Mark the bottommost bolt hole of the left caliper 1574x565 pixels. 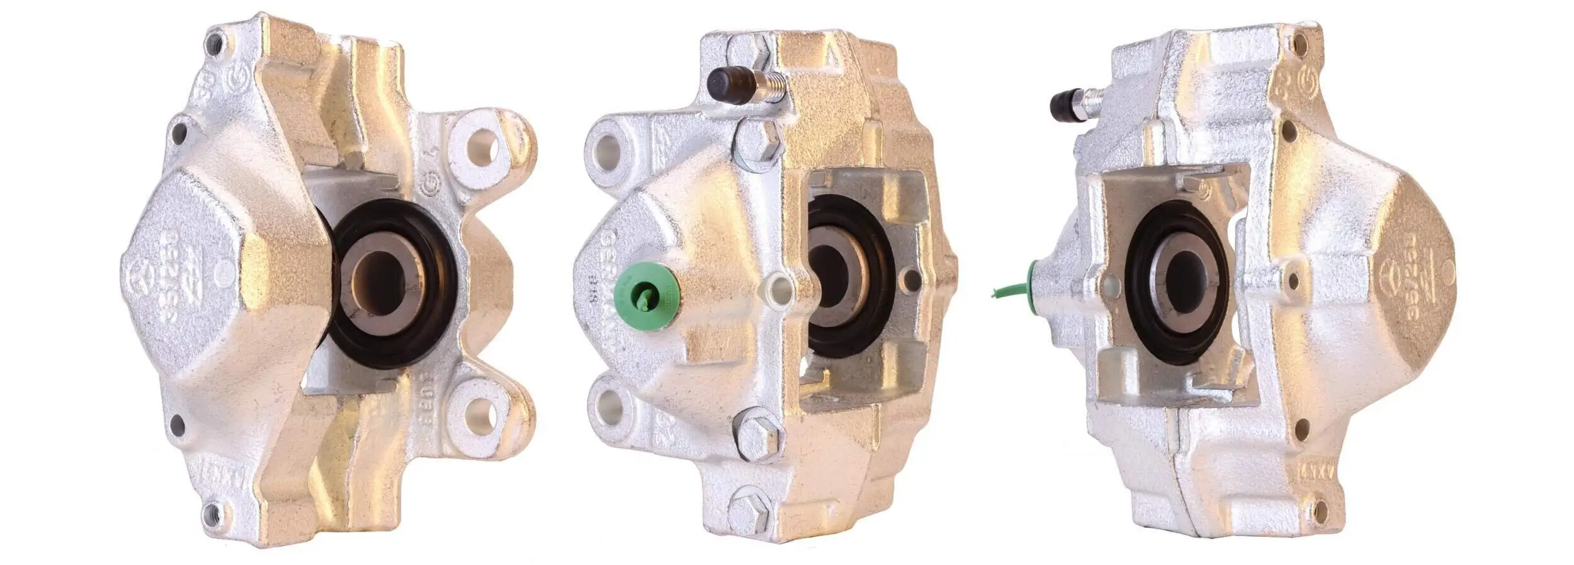tap(212, 510)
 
